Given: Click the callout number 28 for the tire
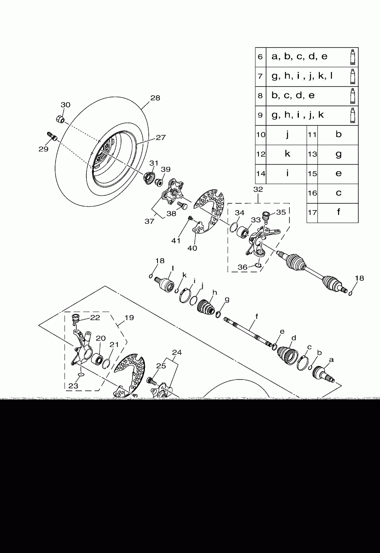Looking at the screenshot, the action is pyautogui.click(x=155, y=98).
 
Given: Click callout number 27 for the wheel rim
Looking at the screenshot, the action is pyautogui.click(x=160, y=138).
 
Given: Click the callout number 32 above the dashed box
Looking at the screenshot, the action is pyautogui.click(x=258, y=189).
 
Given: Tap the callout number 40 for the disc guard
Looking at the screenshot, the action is pyautogui.click(x=192, y=248).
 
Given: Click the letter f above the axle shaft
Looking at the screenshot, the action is pyautogui.click(x=256, y=316).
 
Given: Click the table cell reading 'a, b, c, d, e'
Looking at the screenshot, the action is pyautogui.click(x=300, y=57).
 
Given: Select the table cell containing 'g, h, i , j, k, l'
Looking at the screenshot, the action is pyautogui.click(x=302, y=76).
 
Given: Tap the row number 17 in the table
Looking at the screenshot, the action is pyautogui.click(x=312, y=212).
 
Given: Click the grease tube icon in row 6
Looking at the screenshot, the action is pyautogui.click(x=352, y=57).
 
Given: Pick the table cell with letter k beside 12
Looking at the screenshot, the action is pyautogui.click(x=287, y=154).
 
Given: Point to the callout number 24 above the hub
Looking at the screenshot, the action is pyautogui.click(x=177, y=352).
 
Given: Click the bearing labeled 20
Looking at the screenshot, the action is pyautogui.click(x=97, y=360).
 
